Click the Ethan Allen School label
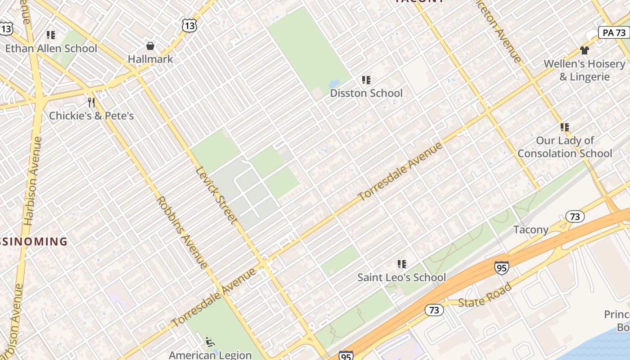51,48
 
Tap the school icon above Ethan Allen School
51,35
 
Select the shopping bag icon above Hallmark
150,46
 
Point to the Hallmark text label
150,59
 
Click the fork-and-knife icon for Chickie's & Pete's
91,103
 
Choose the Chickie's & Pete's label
91,116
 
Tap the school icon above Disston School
366,80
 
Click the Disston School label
366,93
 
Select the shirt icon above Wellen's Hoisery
584,50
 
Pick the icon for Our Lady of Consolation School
565,127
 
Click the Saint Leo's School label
401,277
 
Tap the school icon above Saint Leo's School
401,264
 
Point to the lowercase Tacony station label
531,229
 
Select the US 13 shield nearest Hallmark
189,26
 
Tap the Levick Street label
216,196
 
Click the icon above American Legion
209,342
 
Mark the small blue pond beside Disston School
334,84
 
